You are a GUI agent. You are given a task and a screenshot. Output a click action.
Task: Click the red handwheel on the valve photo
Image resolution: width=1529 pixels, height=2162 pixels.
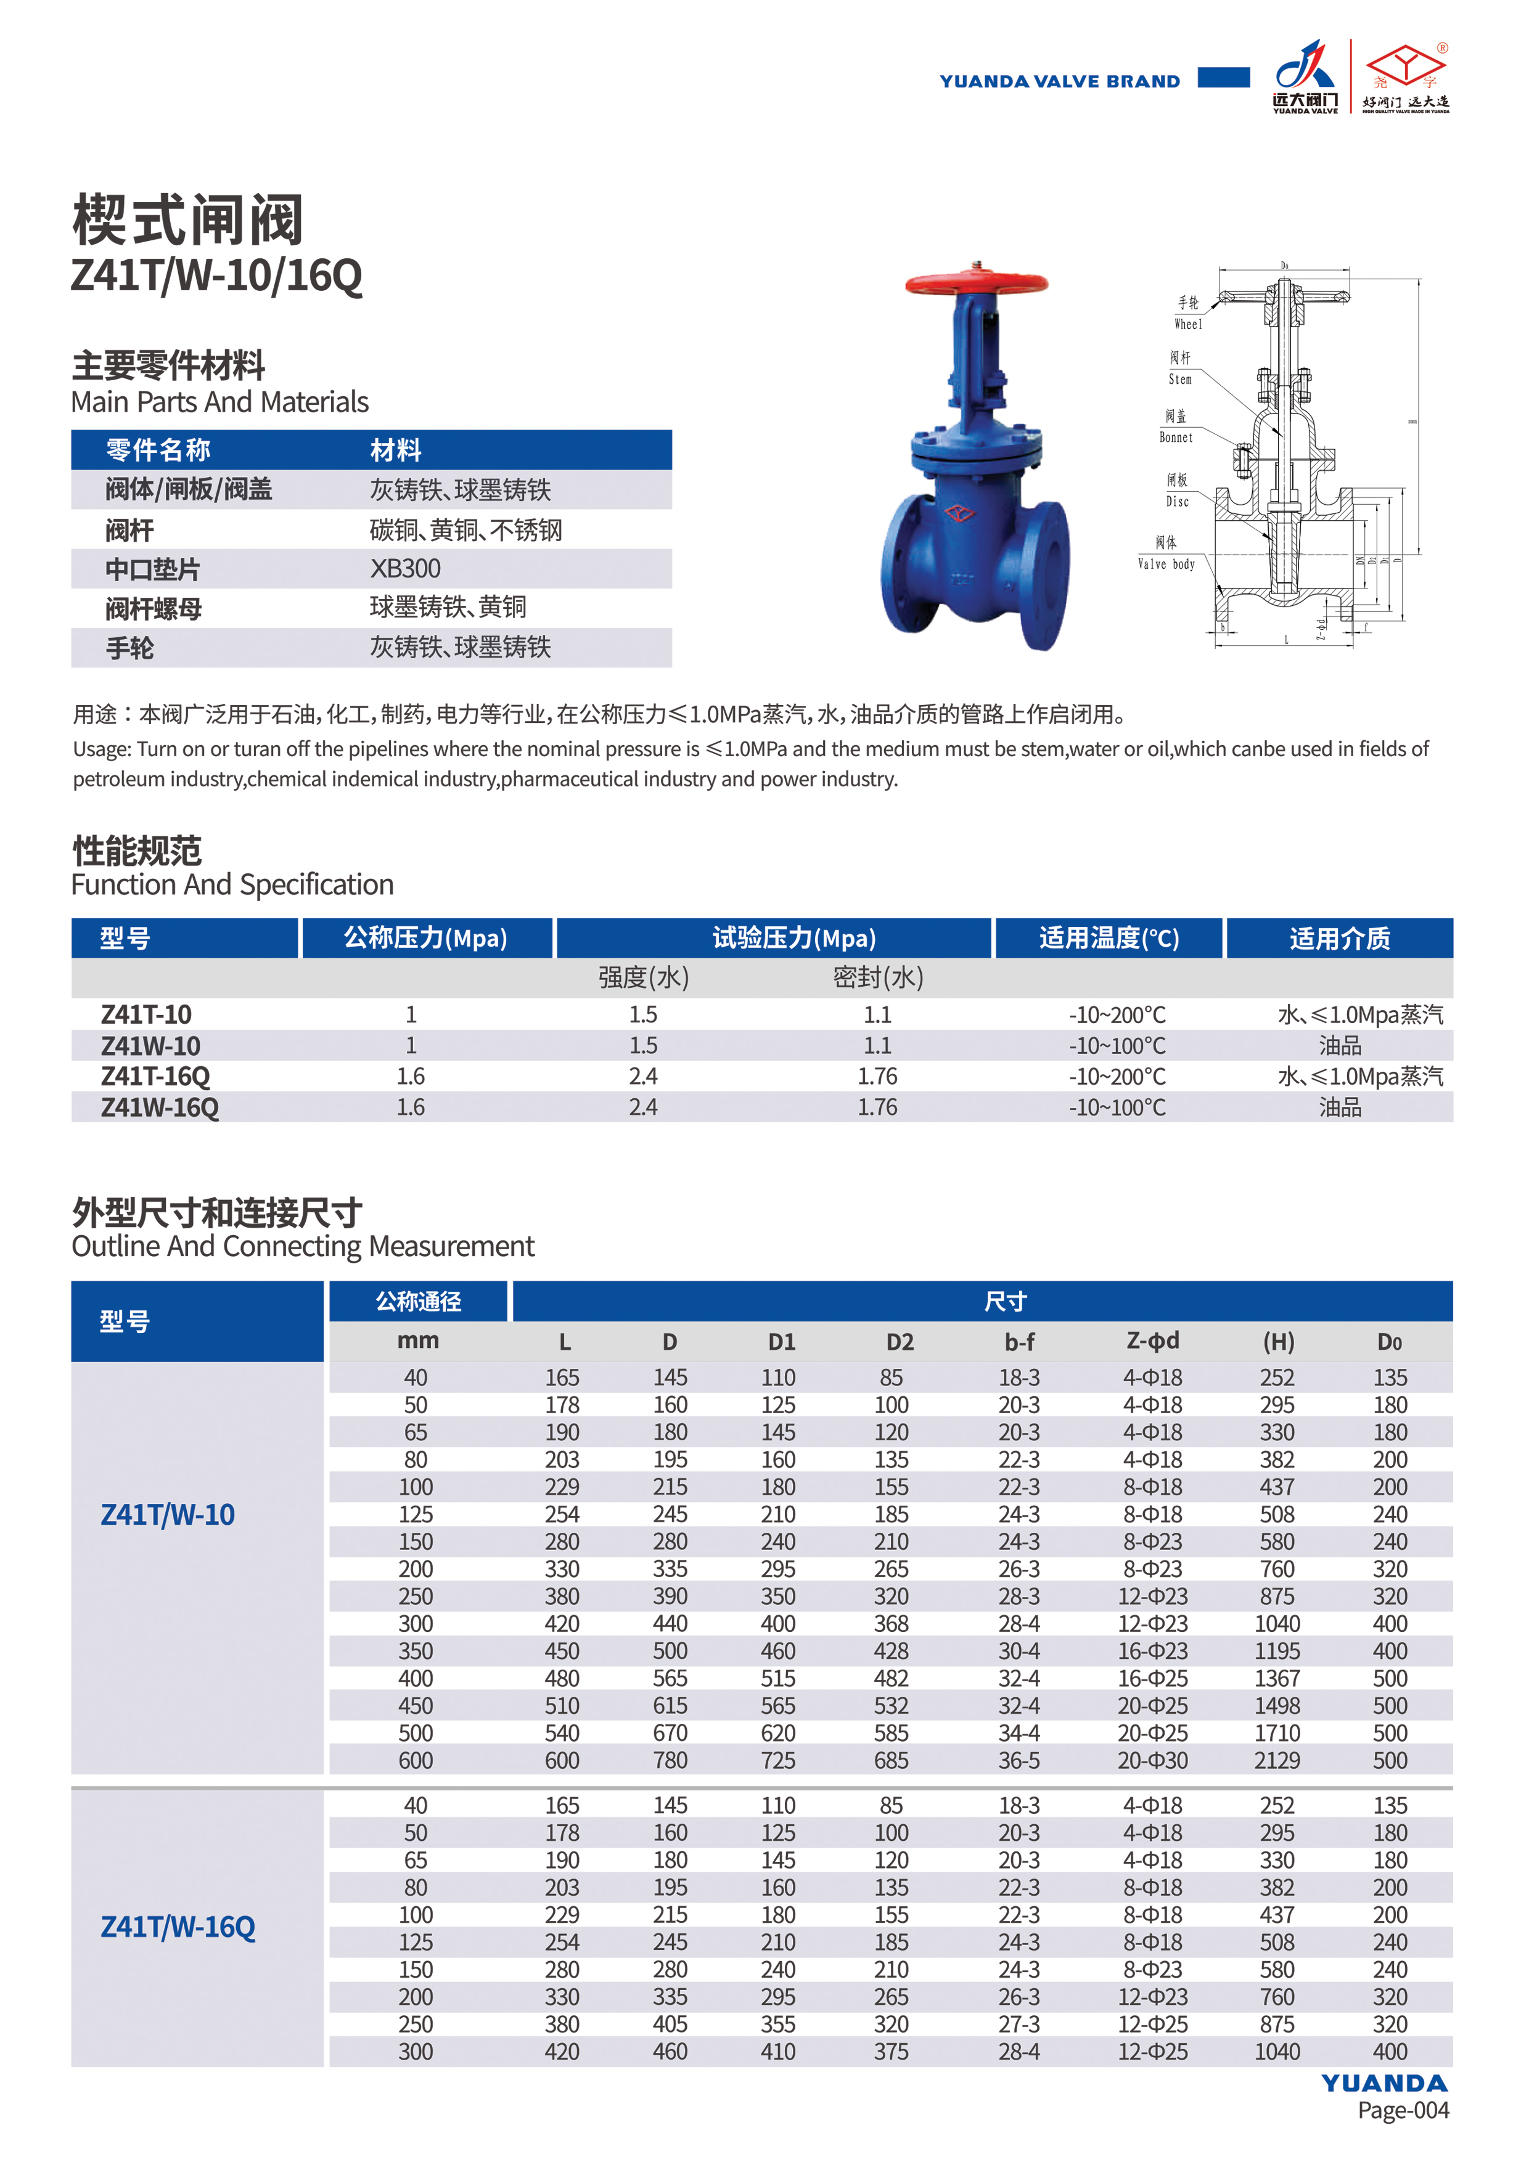[976, 282]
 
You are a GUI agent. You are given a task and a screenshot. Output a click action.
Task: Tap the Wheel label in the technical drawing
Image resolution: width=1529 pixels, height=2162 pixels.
[1188, 324]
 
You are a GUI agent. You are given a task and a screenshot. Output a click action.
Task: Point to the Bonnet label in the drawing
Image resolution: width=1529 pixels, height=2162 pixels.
[1176, 437]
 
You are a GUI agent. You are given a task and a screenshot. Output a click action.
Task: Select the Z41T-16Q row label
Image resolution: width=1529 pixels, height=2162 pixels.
[155, 1076]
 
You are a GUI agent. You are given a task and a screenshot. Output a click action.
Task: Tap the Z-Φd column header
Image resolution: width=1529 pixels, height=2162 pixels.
[1152, 1341]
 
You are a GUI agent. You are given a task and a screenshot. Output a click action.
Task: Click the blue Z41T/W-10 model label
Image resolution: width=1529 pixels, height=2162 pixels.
[168, 1514]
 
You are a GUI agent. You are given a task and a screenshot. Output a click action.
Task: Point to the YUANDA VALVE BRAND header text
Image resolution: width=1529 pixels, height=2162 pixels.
[1059, 81]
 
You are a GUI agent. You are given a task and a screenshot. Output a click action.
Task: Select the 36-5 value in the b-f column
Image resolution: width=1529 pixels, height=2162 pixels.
[1019, 1760]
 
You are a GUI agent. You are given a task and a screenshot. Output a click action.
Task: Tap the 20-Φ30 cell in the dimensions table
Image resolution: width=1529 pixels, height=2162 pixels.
[1152, 1760]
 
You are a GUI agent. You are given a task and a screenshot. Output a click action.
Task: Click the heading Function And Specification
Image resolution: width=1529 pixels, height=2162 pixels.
[232, 884]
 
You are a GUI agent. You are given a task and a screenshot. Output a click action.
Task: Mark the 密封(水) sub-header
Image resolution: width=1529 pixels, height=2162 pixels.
[877, 977]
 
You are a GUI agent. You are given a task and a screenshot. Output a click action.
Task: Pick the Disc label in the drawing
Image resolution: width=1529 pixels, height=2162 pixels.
[1178, 501]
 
